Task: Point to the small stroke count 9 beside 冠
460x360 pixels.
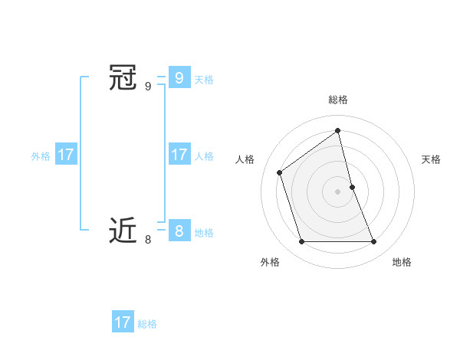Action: click(148, 87)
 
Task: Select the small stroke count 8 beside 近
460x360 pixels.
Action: click(148, 240)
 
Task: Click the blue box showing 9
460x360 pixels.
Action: click(179, 77)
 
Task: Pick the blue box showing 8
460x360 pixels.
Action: click(179, 231)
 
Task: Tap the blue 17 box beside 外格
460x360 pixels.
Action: click(66, 154)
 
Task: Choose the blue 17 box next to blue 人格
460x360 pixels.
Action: click(179, 154)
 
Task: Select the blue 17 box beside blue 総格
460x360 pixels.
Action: click(123, 322)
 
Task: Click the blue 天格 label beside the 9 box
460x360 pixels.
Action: click(204, 79)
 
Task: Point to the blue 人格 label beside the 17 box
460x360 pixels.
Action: click(204, 156)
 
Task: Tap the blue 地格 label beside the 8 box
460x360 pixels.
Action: click(204, 233)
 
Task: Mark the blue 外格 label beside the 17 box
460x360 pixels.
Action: click(41, 156)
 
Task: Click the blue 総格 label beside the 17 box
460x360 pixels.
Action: click(147, 324)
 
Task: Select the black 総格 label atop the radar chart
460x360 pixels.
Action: click(338, 100)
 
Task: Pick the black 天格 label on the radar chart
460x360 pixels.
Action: click(432, 159)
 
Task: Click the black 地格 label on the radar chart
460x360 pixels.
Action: click(402, 262)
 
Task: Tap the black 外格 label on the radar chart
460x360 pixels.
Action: click(270, 262)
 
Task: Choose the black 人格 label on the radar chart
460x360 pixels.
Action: click(245, 159)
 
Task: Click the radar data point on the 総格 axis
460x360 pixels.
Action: click(338, 131)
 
